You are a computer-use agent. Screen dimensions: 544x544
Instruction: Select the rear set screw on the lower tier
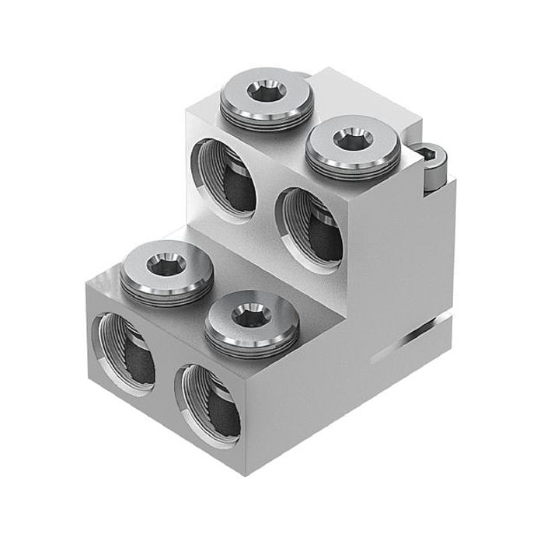coord(168,267)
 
